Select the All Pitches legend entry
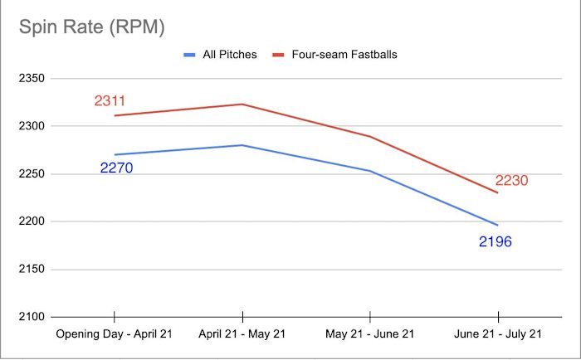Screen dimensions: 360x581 coord(220,55)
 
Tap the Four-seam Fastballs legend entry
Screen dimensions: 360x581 coord(335,55)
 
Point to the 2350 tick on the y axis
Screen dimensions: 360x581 coord(32,79)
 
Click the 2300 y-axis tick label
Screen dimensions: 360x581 coord(32,126)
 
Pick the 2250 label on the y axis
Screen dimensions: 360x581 coord(32,174)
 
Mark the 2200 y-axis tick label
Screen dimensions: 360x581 coord(32,221)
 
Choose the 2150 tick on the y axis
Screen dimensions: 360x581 coord(32,270)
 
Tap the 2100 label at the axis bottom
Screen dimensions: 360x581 coord(32,317)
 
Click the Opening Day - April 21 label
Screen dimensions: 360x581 coord(114,334)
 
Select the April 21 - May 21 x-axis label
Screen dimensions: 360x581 coord(242,334)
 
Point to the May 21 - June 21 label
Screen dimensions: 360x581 coord(369,334)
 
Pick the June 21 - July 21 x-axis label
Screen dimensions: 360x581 coord(497,334)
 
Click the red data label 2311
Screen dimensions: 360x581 coord(110,101)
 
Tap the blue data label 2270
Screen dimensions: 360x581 coord(116,168)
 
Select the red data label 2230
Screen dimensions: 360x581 coord(512,180)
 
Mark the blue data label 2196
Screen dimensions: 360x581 coord(495,242)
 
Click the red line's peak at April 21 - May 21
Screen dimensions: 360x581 coord(242,104)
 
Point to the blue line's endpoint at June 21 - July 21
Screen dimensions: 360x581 coord(497,225)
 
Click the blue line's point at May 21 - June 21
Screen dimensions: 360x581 coord(369,171)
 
